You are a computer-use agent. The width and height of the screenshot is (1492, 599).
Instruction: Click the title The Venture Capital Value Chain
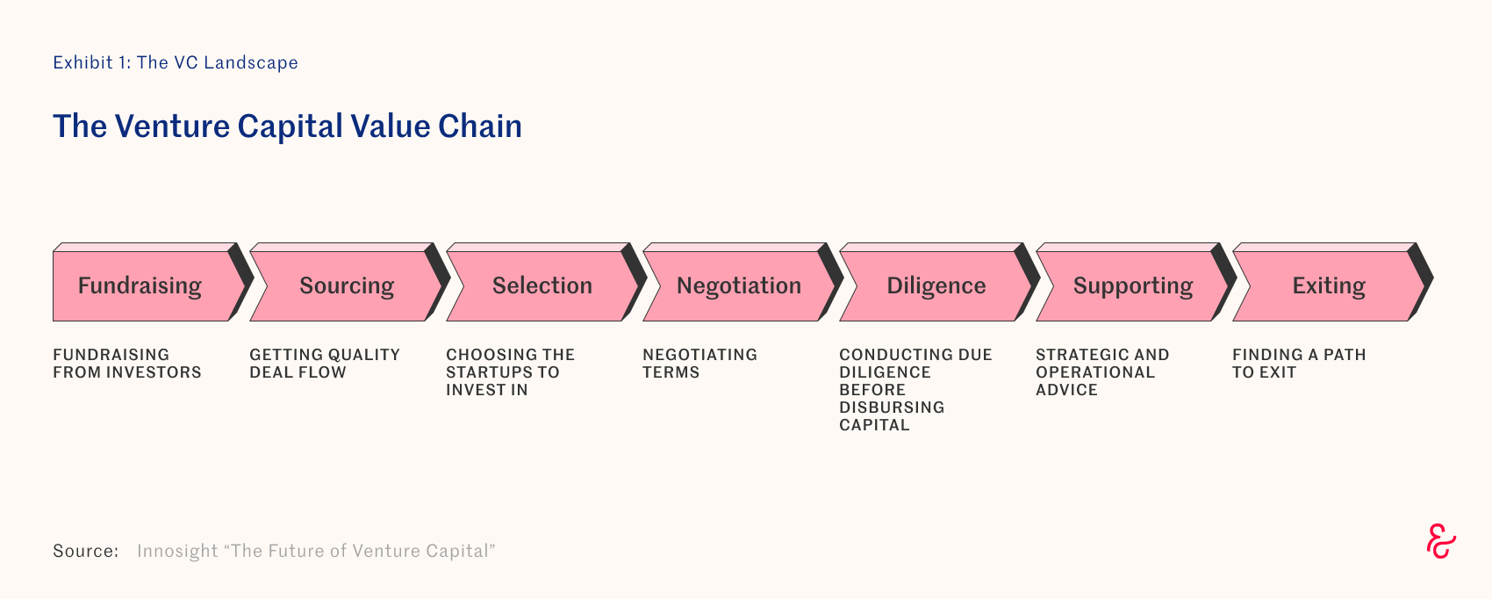pos(287,126)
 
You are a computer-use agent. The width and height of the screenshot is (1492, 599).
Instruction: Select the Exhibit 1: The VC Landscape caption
pos(176,62)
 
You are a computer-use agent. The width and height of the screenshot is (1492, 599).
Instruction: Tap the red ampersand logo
pos(1441,541)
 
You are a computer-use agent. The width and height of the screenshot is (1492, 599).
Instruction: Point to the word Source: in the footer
pos(85,551)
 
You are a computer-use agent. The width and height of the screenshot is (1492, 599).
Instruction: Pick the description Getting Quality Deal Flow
pos(325,363)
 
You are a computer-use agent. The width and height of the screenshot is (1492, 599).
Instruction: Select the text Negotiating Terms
pos(699,363)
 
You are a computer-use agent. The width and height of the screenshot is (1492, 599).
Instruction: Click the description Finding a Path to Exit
pos(1299,363)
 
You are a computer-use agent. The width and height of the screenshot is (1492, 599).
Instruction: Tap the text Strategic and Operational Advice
pos(1102,372)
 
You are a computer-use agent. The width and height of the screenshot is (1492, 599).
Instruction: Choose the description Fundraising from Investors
pos(126,363)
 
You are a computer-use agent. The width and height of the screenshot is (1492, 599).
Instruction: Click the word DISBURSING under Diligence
pos(892,408)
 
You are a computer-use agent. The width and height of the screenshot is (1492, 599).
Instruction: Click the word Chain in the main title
pos(479,126)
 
